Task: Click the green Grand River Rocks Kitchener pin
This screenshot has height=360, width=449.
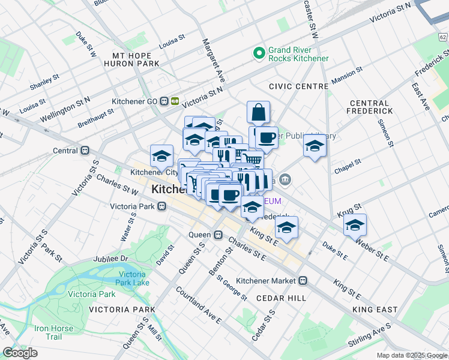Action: tap(259, 53)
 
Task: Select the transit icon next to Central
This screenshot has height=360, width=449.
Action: tap(85, 151)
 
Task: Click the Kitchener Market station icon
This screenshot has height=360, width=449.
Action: tap(303, 280)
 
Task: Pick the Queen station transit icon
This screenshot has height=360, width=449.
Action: tap(218, 235)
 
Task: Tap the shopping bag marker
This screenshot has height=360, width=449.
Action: tap(258, 112)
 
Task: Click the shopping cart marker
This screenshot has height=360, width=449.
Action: tap(252, 159)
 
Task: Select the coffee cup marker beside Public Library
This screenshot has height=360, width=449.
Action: tap(267, 137)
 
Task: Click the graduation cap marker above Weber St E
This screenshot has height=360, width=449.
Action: tap(355, 225)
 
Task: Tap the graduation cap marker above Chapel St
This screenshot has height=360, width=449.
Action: tap(314, 146)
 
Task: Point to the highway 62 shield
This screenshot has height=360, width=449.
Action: tap(443, 37)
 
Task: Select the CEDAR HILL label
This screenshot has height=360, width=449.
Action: tap(281, 298)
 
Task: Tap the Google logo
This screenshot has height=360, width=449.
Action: tap(20, 353)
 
